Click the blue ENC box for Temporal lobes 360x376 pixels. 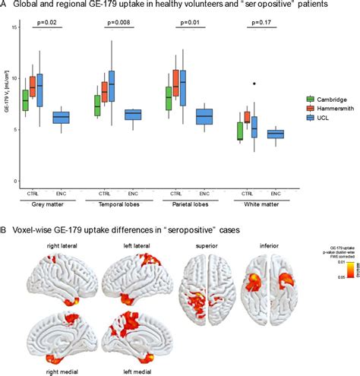pyautogui.click(x=133, y=115)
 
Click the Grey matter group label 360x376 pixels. pyautogui.click(x=47, y=204)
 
